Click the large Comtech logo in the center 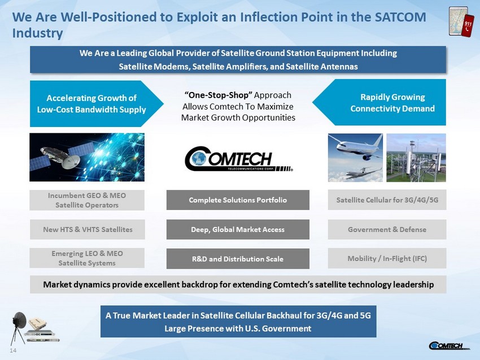click(x=238, y=159)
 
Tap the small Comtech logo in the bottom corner click(x=449, y=346)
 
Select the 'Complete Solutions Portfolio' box click(x=238, y=200)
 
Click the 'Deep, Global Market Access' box click(x=238, y=230)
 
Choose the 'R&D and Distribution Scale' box click(x=238, y=259)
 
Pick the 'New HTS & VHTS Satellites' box click(x=87, y=230)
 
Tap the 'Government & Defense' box click(x=387, y=230)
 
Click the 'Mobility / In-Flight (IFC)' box click(x=387, y=258)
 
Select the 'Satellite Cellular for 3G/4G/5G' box click(x=387, y=200)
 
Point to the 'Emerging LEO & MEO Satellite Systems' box click(x=87, y=258)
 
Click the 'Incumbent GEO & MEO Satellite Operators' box click(x=87, y=200)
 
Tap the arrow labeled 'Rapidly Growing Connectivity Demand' click(x=379, y=103)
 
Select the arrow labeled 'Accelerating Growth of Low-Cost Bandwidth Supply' click(x=97, y=104)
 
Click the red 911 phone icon click(x=468, y=26)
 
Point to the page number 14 click(x=13, y=350)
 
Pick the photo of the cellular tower click(x=416, y=158)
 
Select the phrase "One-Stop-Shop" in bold click(x=219, y=95)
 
